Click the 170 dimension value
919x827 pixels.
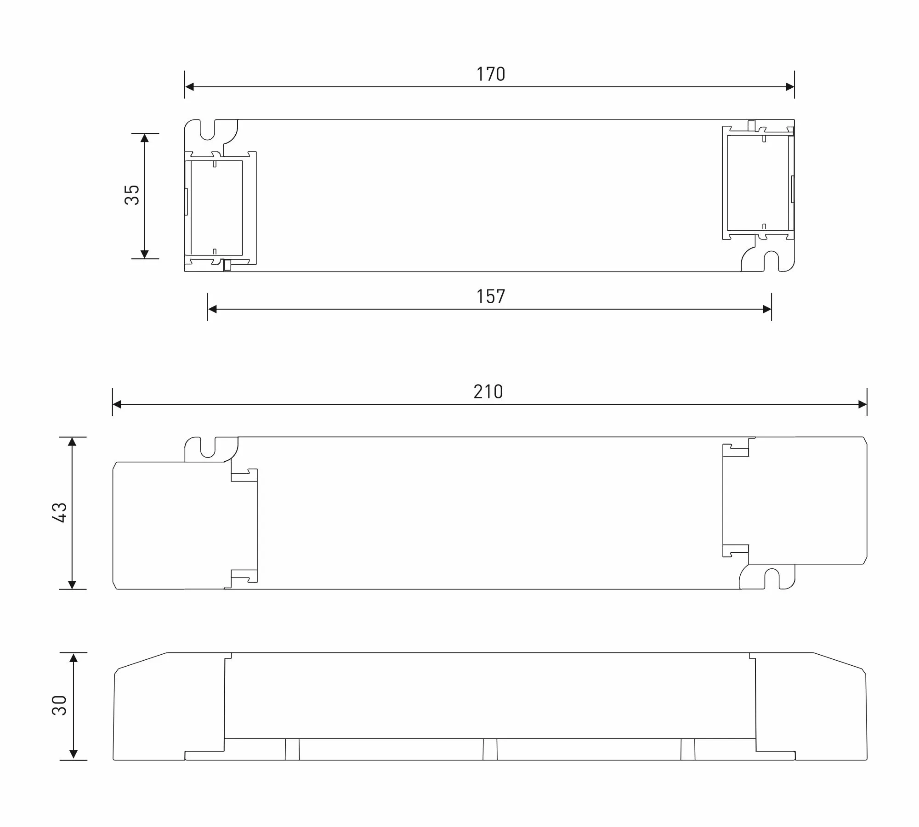point(491,74)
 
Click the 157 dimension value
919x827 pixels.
point(491,297)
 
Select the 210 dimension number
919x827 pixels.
point(488,392)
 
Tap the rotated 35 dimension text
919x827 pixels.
point(132,195)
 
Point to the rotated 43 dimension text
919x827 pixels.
point(60,512)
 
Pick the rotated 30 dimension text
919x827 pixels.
point(60,705)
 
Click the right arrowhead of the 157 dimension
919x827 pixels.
point(766,309)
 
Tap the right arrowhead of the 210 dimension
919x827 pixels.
point(862,404)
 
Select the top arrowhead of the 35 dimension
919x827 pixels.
point(145,138)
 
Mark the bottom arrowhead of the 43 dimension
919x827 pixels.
point(72,584)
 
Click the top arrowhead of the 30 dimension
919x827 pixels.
point(73,657)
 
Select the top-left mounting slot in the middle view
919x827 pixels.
point(208,447)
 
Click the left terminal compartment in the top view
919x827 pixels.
point(216,208)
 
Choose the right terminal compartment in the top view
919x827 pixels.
point(758,183)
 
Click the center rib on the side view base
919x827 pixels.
point(490,749)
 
